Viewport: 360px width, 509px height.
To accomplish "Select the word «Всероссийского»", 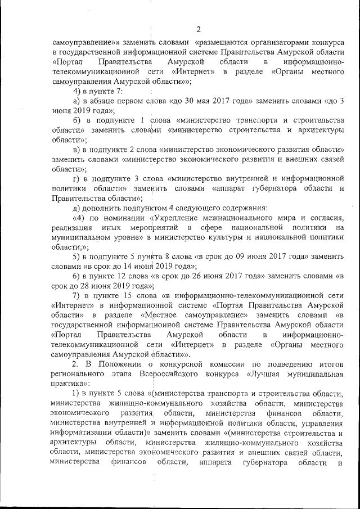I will pos(186,373).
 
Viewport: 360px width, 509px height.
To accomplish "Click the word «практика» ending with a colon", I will pos(68,383).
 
